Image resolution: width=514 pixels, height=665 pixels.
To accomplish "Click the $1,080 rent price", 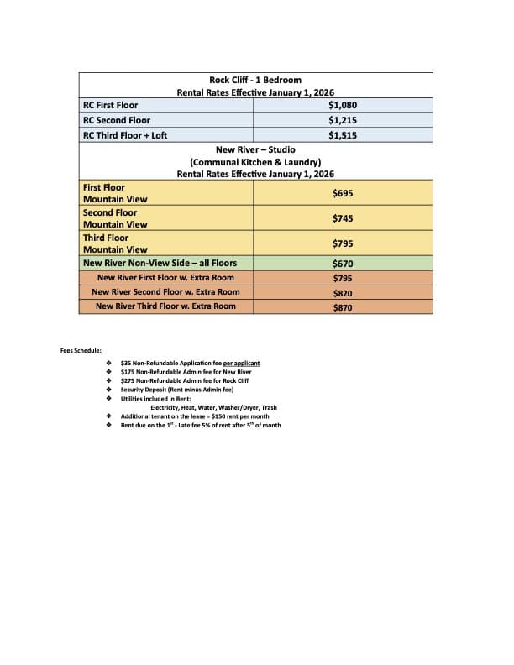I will (342, 105).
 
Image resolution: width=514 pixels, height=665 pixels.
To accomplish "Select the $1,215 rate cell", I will (342, 120).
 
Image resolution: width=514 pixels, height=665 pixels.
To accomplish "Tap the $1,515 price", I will (342, 134).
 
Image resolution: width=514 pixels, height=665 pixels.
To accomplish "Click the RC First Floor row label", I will (110, 105).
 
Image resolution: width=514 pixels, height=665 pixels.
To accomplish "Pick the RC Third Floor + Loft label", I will (125, 134).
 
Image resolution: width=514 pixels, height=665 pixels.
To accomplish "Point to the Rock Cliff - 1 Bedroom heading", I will (255, 80).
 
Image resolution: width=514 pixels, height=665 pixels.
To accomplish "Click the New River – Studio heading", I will (255, 149).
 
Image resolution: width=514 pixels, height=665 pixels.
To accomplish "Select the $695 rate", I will (342, 193).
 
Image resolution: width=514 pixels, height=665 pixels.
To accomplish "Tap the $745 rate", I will (342, 218).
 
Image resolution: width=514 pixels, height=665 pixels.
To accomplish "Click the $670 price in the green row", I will (342, 263).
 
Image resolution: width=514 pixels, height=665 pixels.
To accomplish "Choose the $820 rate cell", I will (342, 292).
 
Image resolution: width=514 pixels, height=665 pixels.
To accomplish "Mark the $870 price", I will (342, 306).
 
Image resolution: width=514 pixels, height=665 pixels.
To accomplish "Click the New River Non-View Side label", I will (160, 263).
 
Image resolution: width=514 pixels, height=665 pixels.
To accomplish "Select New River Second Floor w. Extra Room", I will (165, 292).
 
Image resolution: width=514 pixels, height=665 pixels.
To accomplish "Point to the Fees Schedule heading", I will (81, 349).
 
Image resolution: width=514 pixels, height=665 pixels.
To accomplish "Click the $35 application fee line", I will (190, 364).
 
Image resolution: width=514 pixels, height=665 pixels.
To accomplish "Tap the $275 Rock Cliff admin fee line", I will (184, 381).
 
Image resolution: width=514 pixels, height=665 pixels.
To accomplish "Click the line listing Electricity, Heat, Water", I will (213, 407).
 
